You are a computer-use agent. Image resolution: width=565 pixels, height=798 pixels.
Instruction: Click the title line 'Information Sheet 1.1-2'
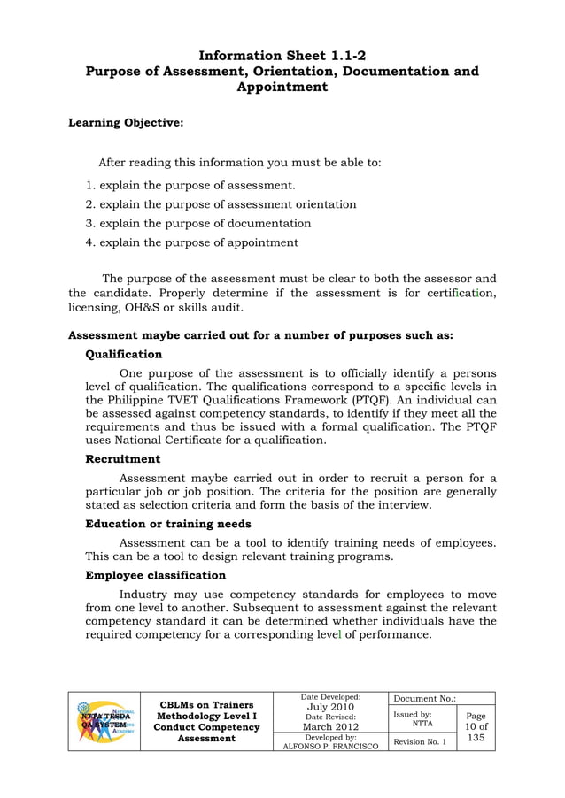(x=282, y=55)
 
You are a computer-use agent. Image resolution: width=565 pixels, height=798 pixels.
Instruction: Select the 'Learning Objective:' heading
(x=126, y=123)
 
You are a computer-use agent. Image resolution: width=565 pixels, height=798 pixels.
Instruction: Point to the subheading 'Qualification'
(x=123, y=354)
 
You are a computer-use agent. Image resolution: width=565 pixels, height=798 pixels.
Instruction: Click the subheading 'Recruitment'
(x=122, y=459)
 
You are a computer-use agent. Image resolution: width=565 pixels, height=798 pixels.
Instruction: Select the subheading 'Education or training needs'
(x=167, y=524)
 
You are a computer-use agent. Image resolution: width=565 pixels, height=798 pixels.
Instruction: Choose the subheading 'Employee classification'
(x=155, y=575)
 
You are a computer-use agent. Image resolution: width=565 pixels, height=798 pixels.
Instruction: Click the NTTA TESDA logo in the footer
(x=104, y=721)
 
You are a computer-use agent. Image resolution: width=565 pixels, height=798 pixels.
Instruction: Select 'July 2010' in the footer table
(x=330, y=707)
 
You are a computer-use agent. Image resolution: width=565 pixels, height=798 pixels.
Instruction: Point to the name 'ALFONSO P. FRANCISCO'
(x=330, y=746)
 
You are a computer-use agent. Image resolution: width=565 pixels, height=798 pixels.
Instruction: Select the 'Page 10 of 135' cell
(x=476, y=727)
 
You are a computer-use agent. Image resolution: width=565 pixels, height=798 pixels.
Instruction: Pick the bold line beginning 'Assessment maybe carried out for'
(x=260, y=335)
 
